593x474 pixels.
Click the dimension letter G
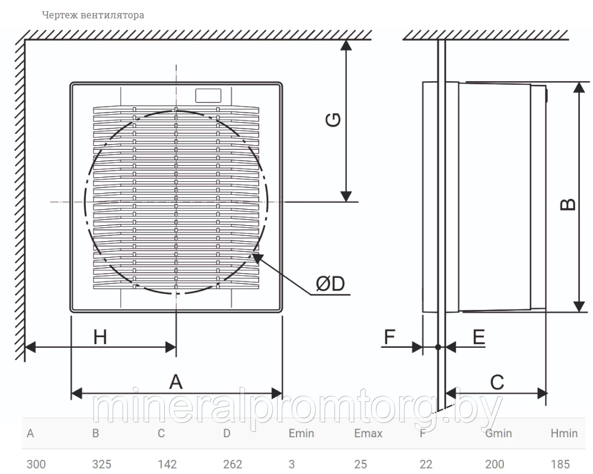point(333,120)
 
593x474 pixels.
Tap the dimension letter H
point(100,337)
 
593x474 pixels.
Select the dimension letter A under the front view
point(176,382)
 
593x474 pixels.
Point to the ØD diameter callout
point(330,283)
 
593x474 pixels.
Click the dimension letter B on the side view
point(568,204)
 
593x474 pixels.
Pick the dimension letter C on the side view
point(497,383)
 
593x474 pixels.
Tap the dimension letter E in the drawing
point(479,337)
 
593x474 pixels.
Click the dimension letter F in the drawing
point(390,337)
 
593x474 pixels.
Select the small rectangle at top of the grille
point(208,95)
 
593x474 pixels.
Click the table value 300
point(36,464)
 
